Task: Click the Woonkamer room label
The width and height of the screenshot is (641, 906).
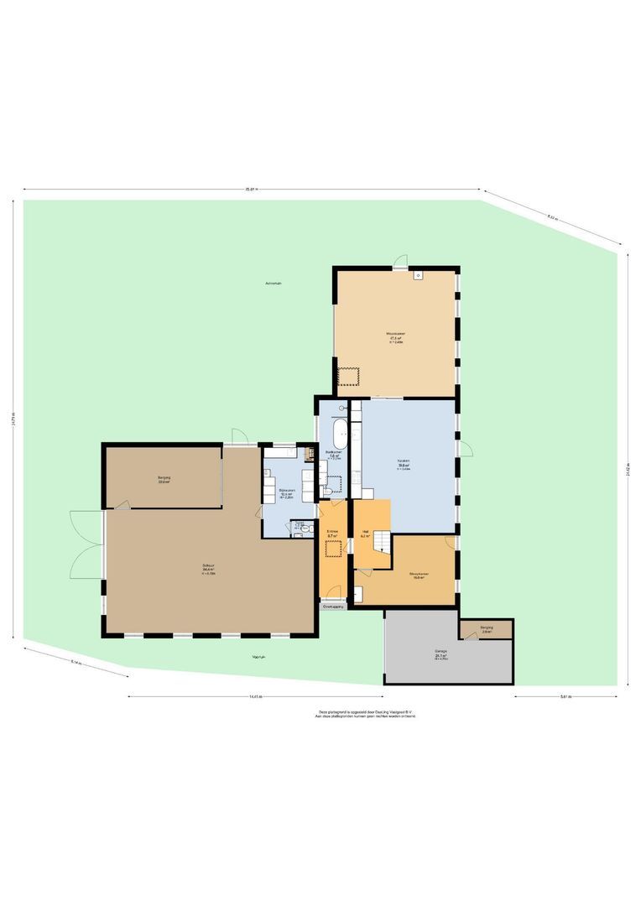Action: pos(396,334)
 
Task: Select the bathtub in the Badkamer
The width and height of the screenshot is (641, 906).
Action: pos(339,435)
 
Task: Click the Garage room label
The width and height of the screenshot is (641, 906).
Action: pos(441,651)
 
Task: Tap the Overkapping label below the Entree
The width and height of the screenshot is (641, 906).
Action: pos(333,607)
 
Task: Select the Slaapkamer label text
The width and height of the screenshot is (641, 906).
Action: pos(419,575)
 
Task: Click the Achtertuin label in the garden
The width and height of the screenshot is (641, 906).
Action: pos(273,284)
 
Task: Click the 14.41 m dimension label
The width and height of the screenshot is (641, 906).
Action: pos(255,696)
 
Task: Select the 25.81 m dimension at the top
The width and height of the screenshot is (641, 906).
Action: pos(251,190)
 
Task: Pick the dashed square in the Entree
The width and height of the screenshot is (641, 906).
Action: pos(333,548)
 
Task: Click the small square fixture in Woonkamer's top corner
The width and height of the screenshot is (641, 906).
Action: pos(418,275)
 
